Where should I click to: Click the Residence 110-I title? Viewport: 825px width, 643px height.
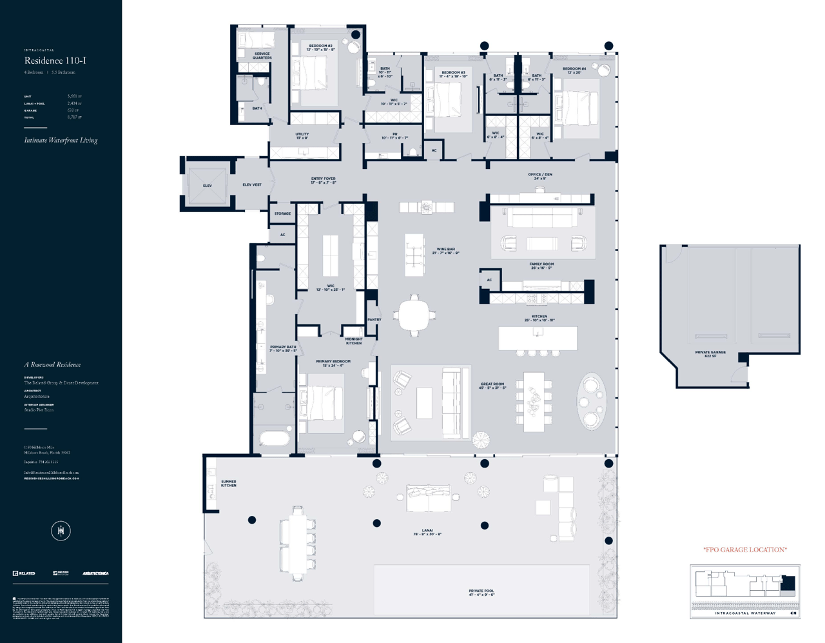click(x=55, y=61)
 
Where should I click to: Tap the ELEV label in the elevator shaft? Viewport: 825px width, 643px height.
click(x=207, y=186)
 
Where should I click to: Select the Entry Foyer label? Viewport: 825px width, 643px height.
click(x=323, y=181)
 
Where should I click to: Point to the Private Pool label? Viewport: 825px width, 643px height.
click(x=481, y=592)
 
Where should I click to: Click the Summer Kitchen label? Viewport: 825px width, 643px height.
click(x=228, y=483)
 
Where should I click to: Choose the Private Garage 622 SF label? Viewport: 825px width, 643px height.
click(x=710, y=354)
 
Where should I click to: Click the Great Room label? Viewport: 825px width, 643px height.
click(x=492, y=386)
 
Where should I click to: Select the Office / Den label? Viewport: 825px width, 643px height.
click(x=539, y=176)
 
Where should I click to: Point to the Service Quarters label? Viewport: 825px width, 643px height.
click(x=262, y=55)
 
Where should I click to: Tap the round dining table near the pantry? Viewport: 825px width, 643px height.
click(x=414, y=315)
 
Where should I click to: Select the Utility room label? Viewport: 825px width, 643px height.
click(x=302, y=135)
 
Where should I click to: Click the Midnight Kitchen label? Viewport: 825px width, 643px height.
click(x=353, y=341)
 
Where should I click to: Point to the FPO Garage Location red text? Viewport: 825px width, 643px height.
click(x=744, y=549)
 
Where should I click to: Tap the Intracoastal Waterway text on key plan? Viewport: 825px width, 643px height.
click(x=745, y=613)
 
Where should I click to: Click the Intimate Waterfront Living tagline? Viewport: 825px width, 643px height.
click(x=61, y=140)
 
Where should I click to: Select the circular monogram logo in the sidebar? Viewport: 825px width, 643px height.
click(x=61, y=531)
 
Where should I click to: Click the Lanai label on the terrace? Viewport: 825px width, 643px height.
click(x=427, y=532)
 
